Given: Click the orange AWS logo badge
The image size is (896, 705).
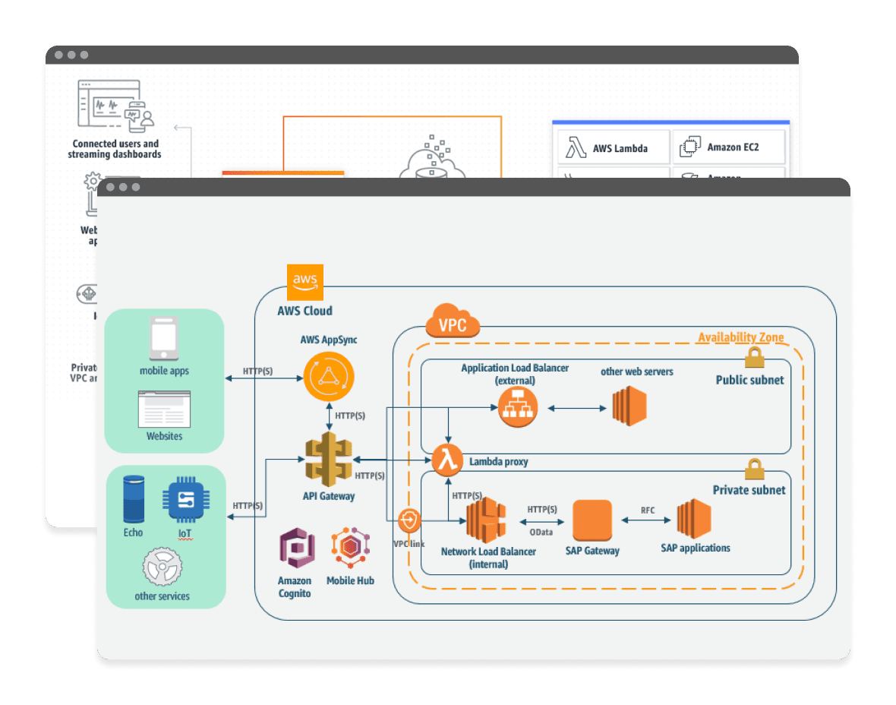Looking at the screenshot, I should [x=305, y=283].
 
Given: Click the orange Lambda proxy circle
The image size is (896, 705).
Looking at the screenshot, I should [x=447, y=460].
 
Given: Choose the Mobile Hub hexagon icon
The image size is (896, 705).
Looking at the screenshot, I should [x=350, y=549].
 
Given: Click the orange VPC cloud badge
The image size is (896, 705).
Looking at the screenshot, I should [x=453, y=322].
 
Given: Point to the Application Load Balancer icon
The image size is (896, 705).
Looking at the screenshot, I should [x=517, y=408].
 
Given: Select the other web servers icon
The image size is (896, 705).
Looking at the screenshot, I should [x=629, y=406].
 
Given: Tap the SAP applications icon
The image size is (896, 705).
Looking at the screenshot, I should [x=694, y=520].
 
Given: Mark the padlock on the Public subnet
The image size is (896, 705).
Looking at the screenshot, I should [x=753, y=356].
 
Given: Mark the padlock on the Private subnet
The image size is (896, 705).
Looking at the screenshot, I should [x=753, y=469].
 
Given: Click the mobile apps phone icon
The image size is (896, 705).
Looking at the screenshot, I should [x=163, y=338].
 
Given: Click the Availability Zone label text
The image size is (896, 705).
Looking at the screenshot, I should [x=740, y=337].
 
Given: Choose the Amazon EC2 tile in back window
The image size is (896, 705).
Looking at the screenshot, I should [x=728, y=147].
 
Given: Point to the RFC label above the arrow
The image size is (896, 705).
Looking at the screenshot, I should [x=647, y=510].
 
